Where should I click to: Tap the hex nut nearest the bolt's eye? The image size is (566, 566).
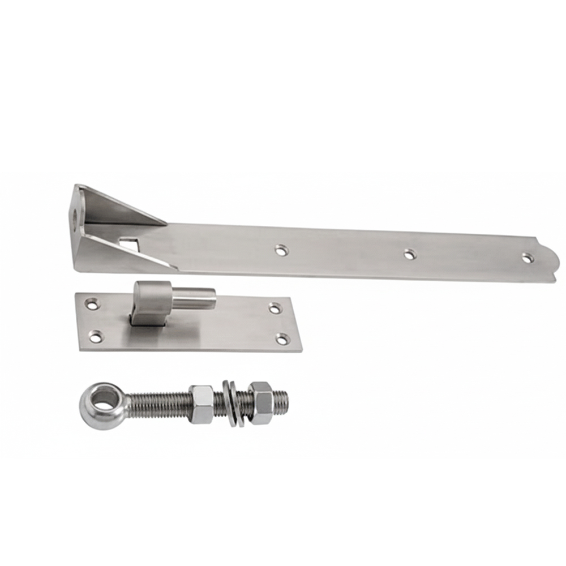click(201, 404)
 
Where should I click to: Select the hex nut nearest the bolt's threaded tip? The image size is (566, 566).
click(261, 402)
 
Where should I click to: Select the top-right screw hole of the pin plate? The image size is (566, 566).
click(275, 308)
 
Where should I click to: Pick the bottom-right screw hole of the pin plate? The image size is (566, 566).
click(282, 339)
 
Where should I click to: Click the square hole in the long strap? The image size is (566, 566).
click(130, 245)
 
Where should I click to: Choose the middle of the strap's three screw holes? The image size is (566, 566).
click(410, 254)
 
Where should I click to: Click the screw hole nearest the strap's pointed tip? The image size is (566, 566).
click(528, 258)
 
